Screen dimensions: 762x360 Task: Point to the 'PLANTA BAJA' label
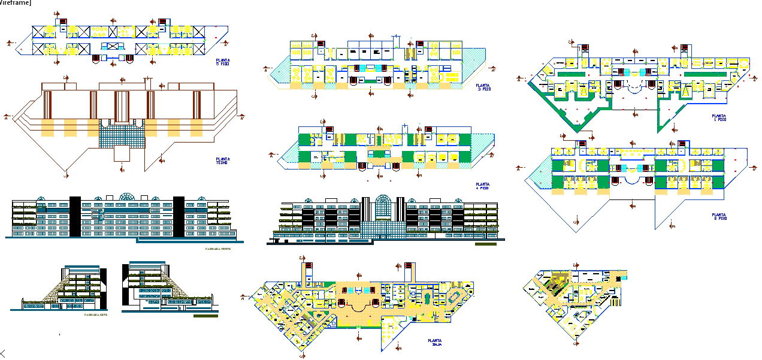click(x=434, y=343)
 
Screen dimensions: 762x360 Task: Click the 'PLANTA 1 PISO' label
click(x=718, y=117)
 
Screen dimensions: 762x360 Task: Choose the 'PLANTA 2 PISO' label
click(x=718, y=216)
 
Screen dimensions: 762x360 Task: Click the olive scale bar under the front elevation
click(x=485, y=244)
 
